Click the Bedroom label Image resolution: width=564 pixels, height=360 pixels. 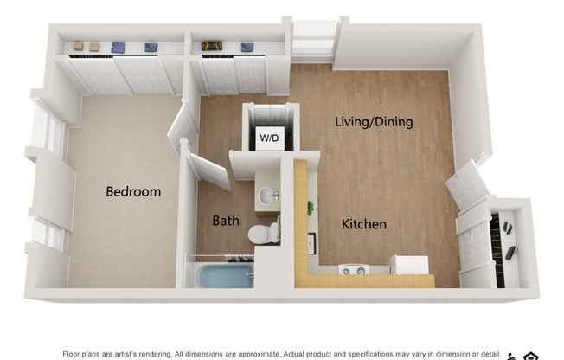pos(133,191)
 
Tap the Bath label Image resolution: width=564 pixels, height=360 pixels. pos(226,221)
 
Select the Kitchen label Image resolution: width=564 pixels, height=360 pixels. pos(364,224)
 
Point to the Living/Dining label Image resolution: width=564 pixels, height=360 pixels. pos(374,122)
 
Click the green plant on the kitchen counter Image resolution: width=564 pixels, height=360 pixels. pos(310,208)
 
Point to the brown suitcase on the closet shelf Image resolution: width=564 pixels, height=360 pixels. pos(211,46)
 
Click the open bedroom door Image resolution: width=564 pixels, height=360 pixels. pos(183,125)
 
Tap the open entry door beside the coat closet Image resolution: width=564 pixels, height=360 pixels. pos(468,183)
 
